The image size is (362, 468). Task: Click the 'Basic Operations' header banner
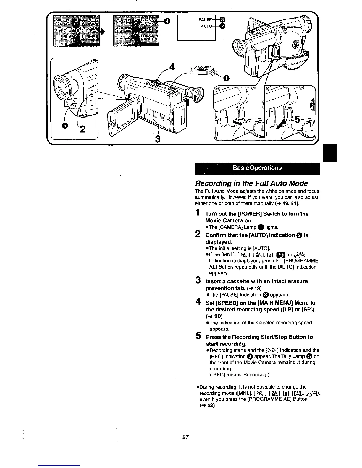click(257, 168)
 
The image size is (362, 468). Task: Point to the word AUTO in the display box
click(206, 26)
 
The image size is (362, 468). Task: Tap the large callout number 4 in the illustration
click(171, 67)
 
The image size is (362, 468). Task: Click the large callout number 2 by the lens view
click(83, 129)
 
